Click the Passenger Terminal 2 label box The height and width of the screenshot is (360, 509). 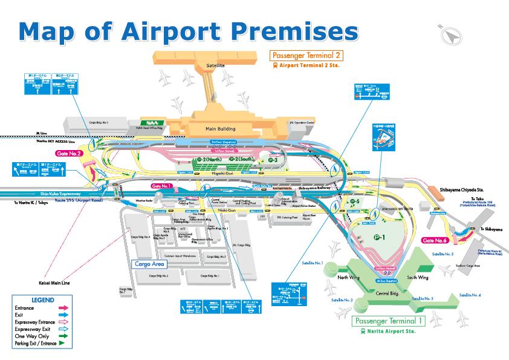coord(306,56)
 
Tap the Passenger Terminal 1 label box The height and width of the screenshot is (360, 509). coord(389,321)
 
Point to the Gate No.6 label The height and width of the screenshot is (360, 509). coord(435,241)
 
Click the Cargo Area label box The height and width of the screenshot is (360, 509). coord(149,264)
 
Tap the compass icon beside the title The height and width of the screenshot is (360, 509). coord(448,35)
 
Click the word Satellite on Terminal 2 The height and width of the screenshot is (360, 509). coord(215,65)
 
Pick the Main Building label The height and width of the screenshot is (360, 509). coord(221,129)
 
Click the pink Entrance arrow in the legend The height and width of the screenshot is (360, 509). coord(62,308)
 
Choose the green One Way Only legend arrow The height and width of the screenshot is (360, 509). coord(62,336)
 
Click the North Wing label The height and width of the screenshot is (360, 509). coord(349,278)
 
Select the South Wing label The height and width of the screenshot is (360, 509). coord(418,278)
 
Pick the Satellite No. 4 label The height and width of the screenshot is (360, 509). coord(470,295)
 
